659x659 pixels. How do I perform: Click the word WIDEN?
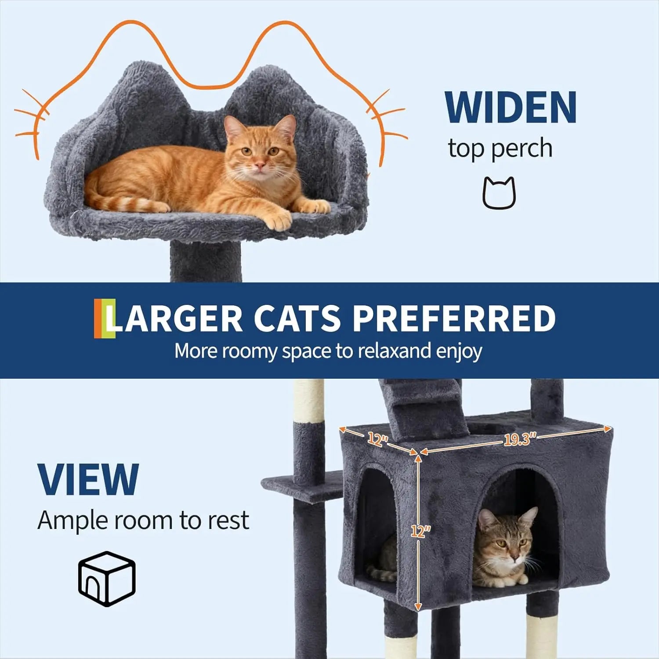(511, 108)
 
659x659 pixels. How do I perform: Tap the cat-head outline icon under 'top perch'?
(499, 193)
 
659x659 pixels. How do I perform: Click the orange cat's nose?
(260, 166)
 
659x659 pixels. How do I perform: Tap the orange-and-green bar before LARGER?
(105, 319)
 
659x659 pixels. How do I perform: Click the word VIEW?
(88, 480)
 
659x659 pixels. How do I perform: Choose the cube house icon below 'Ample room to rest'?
(107, 579)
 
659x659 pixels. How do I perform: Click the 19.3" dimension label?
(520, 439)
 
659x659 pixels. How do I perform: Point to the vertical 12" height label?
(420, 531)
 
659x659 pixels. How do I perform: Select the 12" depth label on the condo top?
(376, 439)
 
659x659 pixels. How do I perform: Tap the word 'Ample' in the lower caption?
(72, 521)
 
